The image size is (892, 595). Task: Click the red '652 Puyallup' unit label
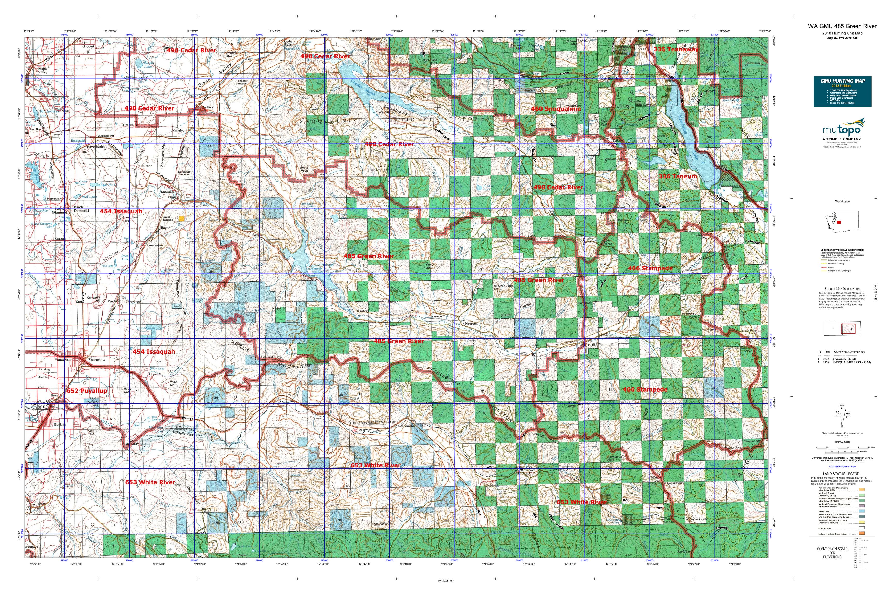[87, 390]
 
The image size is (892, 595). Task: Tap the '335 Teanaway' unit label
[675, 49]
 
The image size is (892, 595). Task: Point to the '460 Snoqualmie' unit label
[556, 109]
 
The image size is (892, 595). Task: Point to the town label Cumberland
[156, 245]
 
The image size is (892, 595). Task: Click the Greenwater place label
[407, 426]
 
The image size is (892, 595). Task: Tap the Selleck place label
[208, 107]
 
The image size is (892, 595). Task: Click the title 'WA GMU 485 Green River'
[842, 26]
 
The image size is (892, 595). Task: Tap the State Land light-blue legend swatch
[862, 512]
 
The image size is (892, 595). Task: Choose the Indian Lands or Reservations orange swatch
[862, 534]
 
